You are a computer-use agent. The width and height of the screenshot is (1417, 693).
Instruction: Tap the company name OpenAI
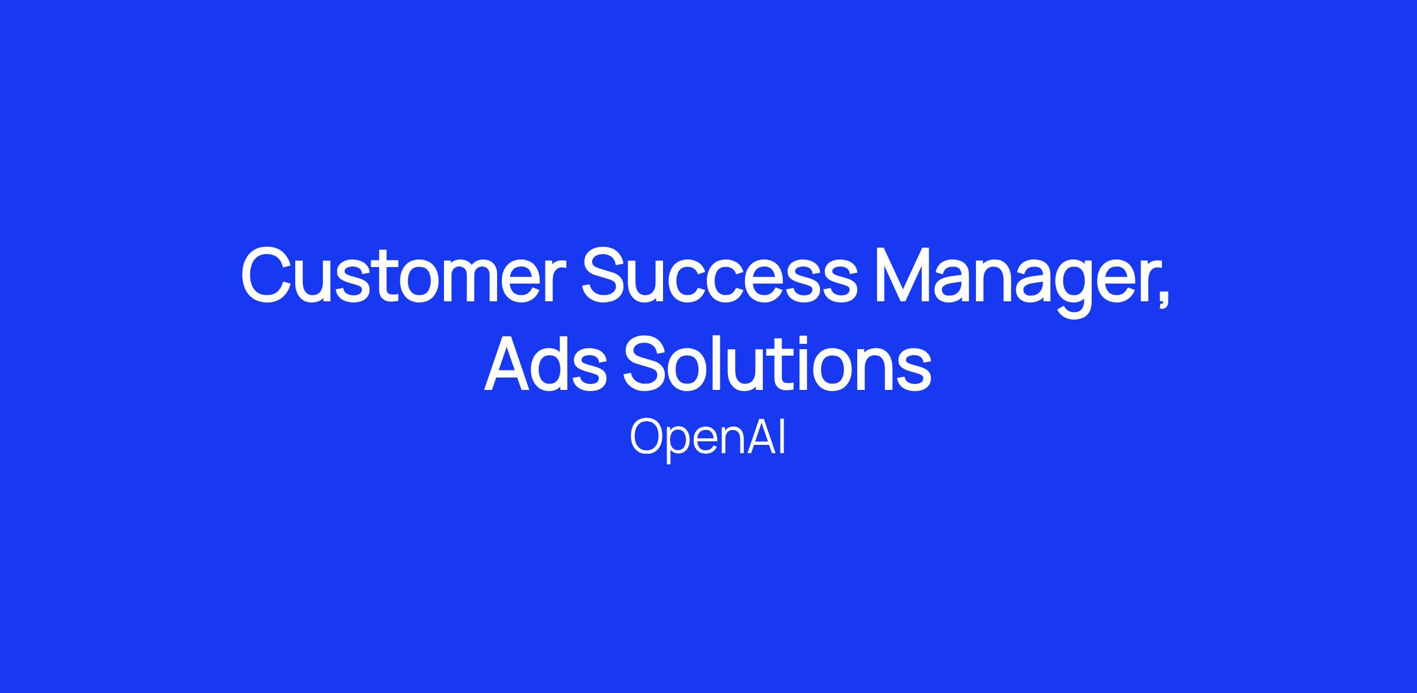708,438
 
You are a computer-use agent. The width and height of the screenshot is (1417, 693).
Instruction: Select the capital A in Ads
510,364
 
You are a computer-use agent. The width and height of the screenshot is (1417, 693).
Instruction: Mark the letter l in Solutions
726,363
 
